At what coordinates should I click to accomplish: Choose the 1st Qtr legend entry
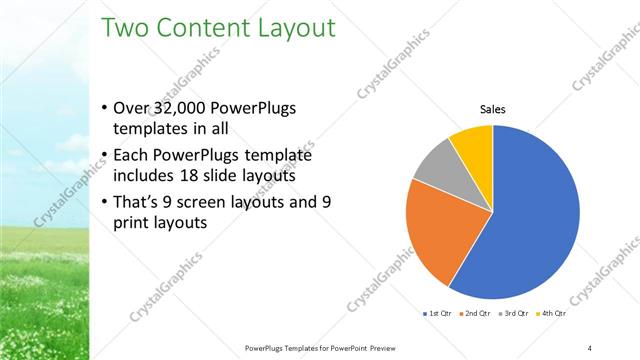pyautogui.click(x=438, y=314)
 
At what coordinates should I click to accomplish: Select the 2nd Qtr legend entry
pyautogui.click(x=476, y=314)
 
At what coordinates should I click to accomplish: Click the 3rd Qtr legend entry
pyautogui.click(x=514, y=314)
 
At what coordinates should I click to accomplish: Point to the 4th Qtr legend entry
pyautogui.click(x=551, y=314)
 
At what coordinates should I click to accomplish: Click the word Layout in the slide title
pyautogui.click(x=289, y=28)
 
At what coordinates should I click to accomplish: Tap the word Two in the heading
pyautogui.click(x=128, y=27)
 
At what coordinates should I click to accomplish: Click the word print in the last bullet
pyautogui.click(x=134, y=223)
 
